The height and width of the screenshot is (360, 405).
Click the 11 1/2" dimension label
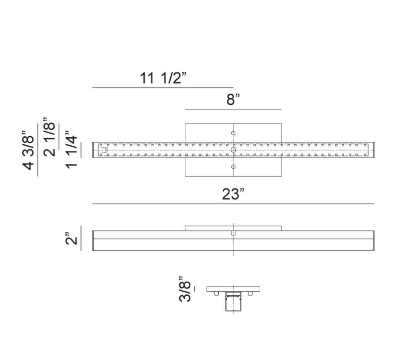pos(163,78)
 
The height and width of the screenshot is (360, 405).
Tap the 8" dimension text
pos(233,99)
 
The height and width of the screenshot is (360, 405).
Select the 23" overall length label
pos(233,194)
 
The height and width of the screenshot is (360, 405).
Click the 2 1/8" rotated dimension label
pos(49,137)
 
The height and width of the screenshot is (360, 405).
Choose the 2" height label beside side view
pos(71,238)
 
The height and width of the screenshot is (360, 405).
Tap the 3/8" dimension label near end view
pos(185,289)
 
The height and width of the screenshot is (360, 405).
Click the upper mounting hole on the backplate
pos(233,133)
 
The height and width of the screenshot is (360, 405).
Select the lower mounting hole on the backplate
pos(233,167)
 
